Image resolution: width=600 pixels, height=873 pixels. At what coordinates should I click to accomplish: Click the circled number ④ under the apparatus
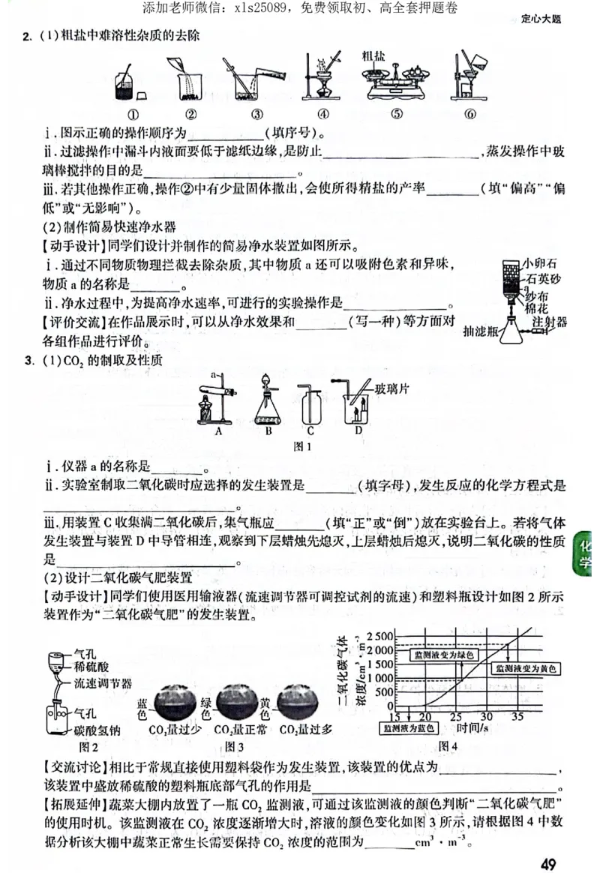(323, 114)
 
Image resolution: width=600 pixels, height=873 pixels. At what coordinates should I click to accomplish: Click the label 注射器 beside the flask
(549, 322)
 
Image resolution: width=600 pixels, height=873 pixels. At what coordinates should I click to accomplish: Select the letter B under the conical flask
(268, 431)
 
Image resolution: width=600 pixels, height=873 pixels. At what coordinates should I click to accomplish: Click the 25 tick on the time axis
(455, 716)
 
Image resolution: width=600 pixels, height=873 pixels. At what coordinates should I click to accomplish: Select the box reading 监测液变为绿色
(444, 655)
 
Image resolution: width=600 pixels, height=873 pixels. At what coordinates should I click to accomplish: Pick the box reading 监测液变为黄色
(525, 667)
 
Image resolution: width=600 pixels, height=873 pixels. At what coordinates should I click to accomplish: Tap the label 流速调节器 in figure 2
(103, 683)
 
